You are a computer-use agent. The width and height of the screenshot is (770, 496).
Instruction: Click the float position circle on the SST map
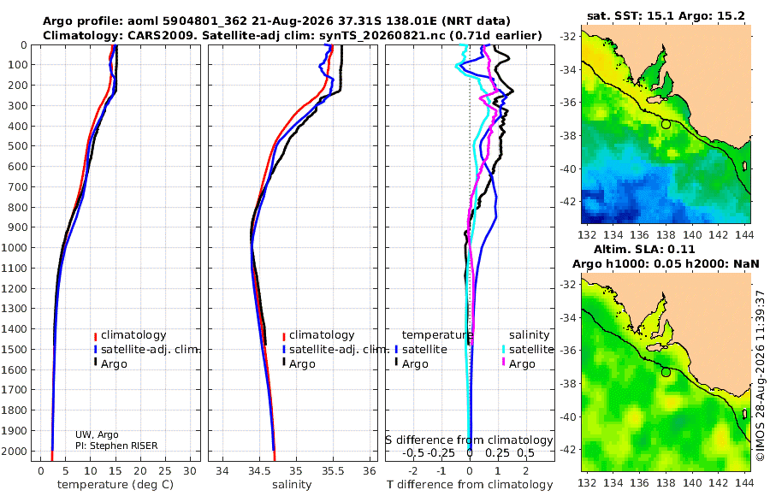point(666,124)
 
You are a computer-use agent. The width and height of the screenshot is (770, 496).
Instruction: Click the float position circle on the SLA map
point(666,372)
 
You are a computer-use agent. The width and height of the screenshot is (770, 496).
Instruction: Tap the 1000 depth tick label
point(16,247)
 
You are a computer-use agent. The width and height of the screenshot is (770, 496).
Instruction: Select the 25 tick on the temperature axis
point(165,471)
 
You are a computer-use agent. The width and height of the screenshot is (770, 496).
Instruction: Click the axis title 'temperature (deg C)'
point(115,485)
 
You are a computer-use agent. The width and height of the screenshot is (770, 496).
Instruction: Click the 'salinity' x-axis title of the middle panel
point(292,485)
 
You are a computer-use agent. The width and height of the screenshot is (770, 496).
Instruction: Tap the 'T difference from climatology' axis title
point(470,485)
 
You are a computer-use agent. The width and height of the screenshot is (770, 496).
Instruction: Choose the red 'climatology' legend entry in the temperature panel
point(130,335)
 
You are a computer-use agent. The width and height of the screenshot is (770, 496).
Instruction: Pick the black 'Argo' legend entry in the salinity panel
point(298,364)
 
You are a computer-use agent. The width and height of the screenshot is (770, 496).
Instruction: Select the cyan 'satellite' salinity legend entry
point(528,350)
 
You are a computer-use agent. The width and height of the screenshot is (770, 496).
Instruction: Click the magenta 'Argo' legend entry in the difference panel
point(518,364)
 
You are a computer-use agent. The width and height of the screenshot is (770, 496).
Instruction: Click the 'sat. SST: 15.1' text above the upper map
point(631,15)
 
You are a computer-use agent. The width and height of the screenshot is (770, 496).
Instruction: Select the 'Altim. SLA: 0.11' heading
point(644,249)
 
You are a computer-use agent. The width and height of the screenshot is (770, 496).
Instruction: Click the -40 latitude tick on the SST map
point(569,168)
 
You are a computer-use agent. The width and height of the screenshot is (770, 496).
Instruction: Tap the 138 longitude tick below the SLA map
point(666,482)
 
